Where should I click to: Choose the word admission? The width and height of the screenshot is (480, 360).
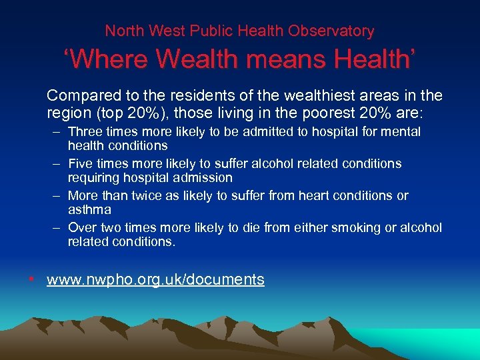[x=201, y=178]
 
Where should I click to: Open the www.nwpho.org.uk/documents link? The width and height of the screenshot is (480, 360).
[x=155, y=280]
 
